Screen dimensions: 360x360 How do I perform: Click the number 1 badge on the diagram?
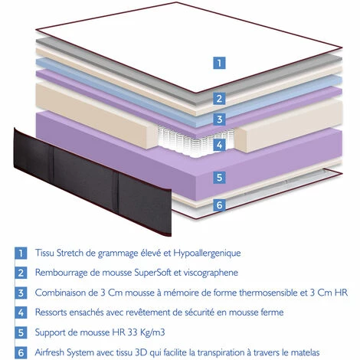219,63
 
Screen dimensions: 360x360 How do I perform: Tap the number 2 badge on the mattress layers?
219,99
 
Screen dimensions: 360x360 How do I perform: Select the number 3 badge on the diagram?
219,119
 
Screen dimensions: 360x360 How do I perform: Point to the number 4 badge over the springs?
219,145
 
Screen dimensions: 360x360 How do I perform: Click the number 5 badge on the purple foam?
219,178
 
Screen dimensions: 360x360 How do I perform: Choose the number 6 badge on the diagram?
219,205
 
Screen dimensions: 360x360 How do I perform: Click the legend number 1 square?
21,253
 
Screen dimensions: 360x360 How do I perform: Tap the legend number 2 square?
21,273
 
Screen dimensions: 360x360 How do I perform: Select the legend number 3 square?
21,293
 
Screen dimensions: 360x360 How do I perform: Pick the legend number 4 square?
21,313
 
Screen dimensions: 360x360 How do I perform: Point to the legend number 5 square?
21,332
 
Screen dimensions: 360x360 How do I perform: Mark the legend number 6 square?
21,352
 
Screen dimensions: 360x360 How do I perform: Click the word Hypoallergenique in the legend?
207,254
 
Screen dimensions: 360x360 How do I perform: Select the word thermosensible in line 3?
273,293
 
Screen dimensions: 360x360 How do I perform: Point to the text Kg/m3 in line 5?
152,332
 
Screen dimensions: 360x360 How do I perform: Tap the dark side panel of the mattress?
93,182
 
